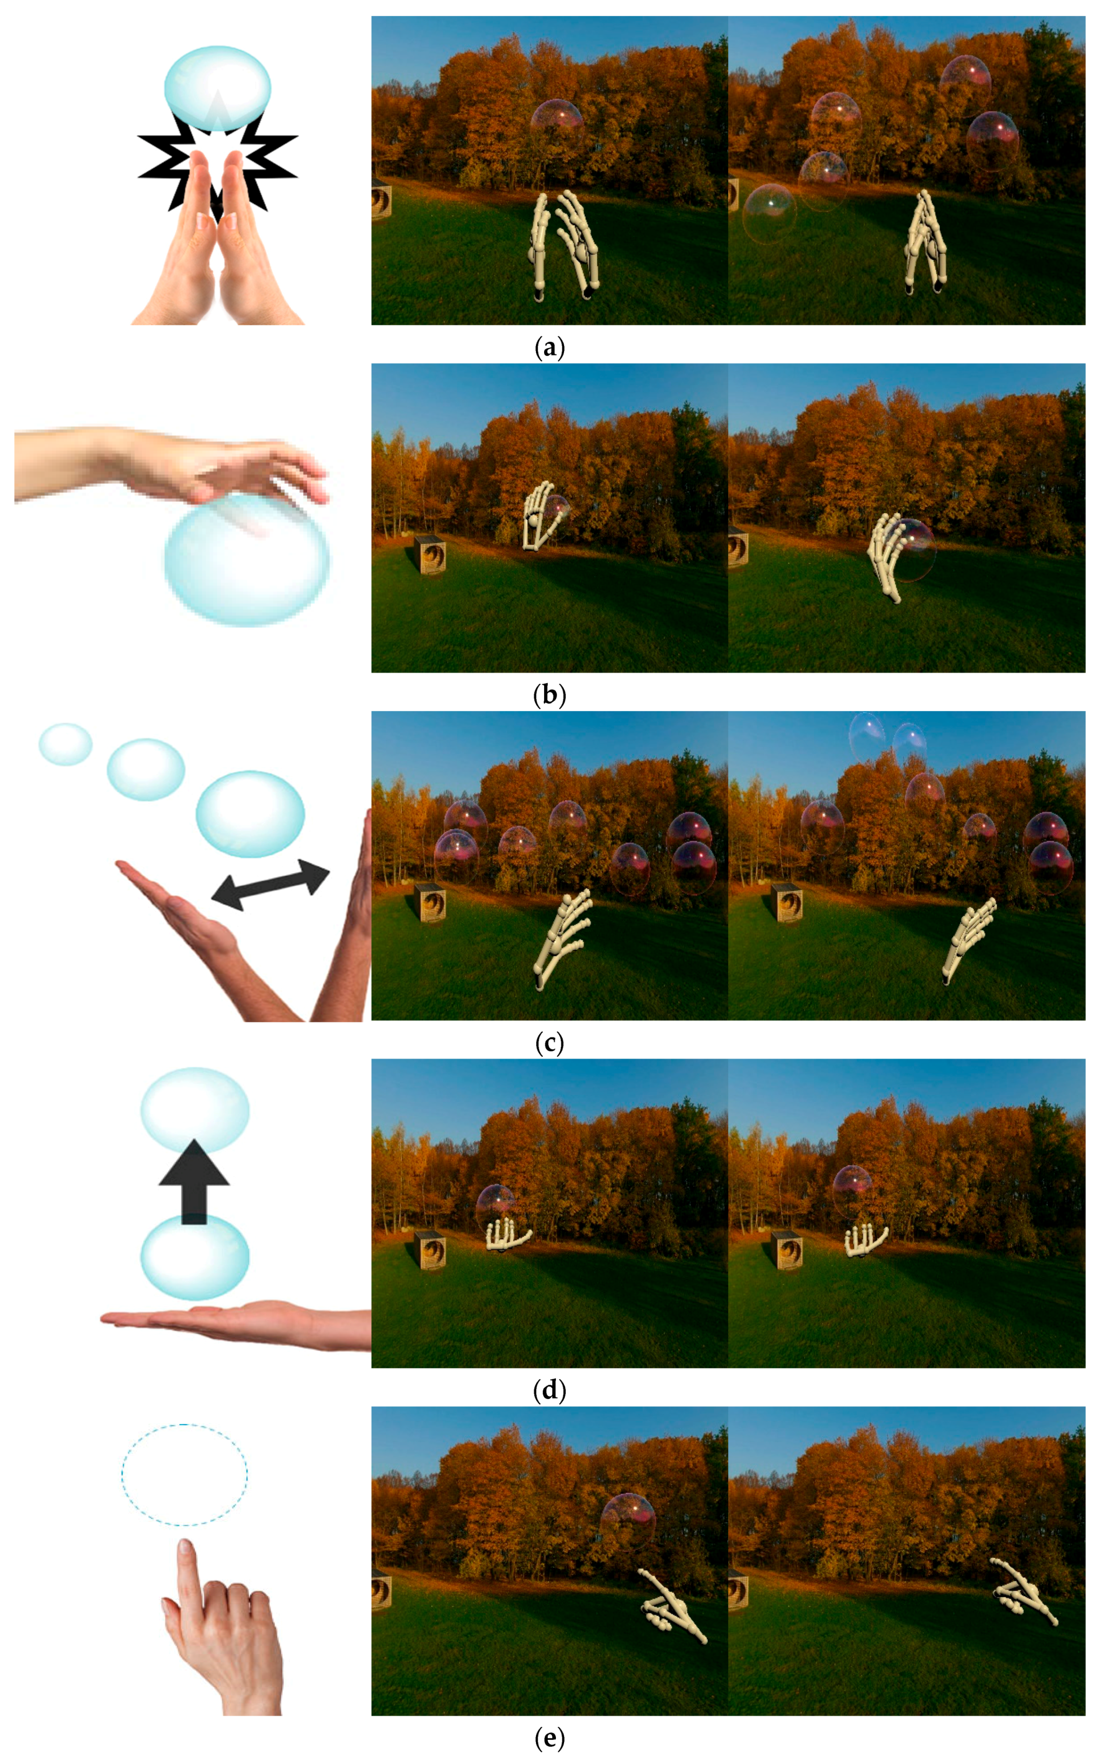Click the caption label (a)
click(549, 348)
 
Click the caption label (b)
click(549, 696)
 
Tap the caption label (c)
click(549, 1043)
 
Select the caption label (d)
click(549, 1391)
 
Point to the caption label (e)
click(549, 1739)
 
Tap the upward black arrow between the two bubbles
click(194, 1181)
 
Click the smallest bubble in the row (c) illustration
click(65, 745)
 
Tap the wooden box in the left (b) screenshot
click(430, 555)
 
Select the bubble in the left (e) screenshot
click(628, 1522)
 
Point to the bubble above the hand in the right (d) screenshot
click(852, 1191)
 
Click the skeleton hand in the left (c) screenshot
click(562, 938)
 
